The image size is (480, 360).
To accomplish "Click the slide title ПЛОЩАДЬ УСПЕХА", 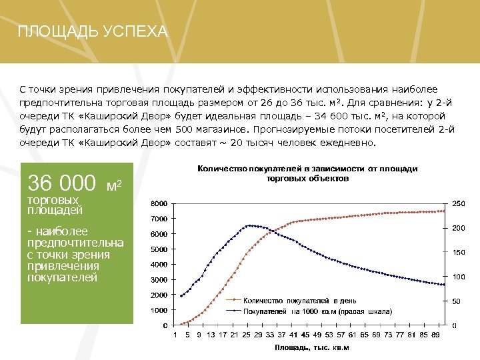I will coord(93,32).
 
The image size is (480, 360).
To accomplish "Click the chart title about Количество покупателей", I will coord(307,174).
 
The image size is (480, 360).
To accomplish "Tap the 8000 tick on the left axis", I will coord(159,203).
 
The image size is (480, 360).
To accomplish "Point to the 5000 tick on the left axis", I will coord(159,249).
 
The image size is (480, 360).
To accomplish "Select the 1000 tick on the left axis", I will coord(159,310).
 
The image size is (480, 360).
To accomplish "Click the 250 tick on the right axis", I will coord(459,203).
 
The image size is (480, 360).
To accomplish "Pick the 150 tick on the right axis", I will coord(459,253).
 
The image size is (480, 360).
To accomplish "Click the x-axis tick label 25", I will coord(246,335).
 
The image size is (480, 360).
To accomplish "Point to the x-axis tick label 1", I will coord(175,335).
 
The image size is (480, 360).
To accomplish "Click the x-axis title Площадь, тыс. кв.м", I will coord(311,347).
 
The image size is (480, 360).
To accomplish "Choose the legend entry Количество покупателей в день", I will coord(299,301).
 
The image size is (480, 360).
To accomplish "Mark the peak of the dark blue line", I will coord(249,225).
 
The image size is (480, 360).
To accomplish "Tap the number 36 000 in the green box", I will coord(61,183).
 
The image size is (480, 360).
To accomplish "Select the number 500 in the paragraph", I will coord(185,130).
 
